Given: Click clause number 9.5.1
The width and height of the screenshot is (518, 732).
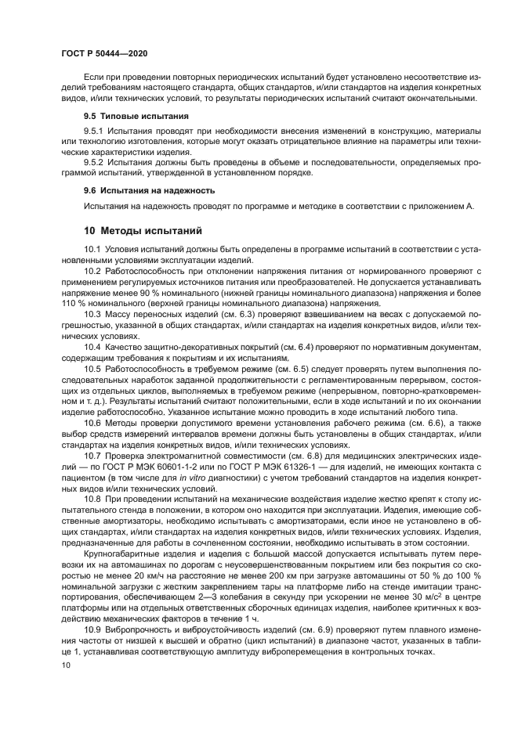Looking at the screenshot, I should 94,129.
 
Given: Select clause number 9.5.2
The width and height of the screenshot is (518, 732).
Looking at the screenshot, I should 94,162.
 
